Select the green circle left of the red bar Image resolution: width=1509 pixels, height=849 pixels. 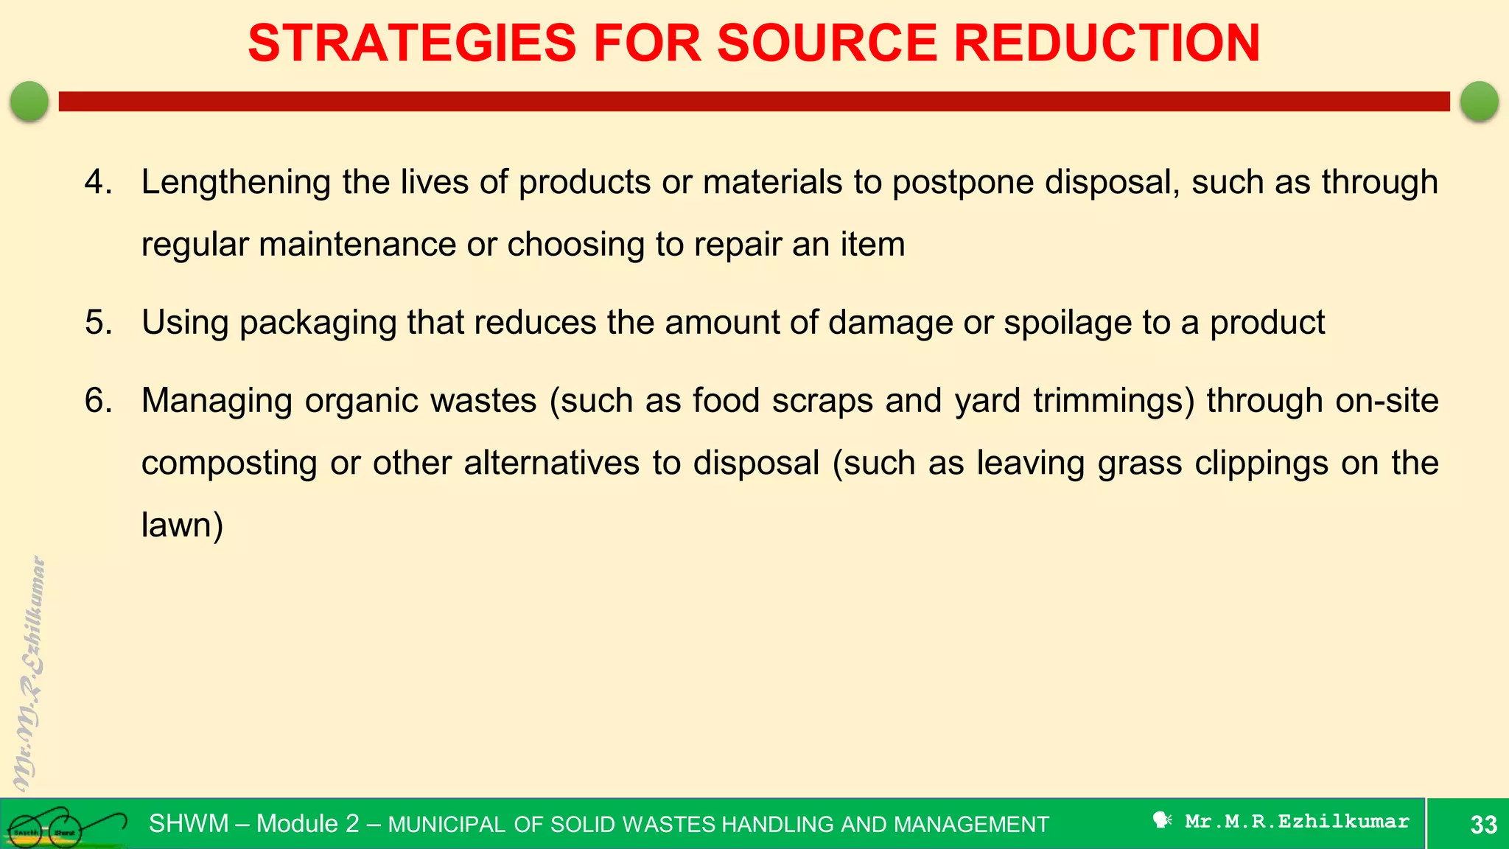29,101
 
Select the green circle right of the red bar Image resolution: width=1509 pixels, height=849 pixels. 1479,101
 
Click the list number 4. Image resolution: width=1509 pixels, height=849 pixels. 98,182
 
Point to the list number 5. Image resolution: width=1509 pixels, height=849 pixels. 98,323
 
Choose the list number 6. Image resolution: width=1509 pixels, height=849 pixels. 98,401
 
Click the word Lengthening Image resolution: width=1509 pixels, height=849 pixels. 236,182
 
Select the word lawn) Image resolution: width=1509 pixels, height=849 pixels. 182,525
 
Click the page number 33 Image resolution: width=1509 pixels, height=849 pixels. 1483,824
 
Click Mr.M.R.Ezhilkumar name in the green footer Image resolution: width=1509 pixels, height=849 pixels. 1297,821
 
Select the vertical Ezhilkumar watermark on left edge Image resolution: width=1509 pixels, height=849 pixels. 29,671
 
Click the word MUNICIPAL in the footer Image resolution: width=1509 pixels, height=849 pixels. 447,825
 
